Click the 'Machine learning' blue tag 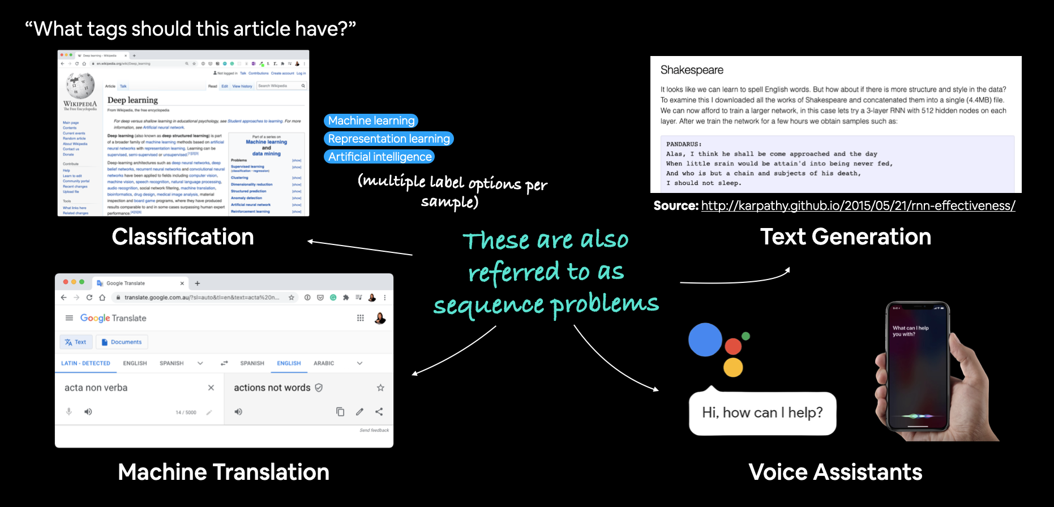click(x=371, y=121)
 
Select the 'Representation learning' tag click(x=389, y=139)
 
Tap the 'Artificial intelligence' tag click(x=380, y=157)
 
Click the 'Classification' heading click(x=182, y=237)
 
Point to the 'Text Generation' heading click(x=845, y=237)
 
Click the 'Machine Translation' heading click(x=223, y=472)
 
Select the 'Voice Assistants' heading click(x=835, y=472)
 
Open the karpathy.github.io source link click(x=858, y=206)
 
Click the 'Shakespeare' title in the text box click(x=692, y=70)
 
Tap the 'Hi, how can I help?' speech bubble click(x=762, y=413)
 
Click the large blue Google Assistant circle click(x=705, y=340)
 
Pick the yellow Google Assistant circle click(x=733, y=367)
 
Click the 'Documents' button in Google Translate click(x=122, y=342)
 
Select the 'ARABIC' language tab click(x=324, y=363)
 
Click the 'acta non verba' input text click(x=96, y=388)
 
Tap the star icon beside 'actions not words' click(x=380, y=388)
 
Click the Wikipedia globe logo click(x=80, y=85)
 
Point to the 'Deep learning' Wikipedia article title click(x=132, y=100)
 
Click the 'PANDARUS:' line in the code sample click(x=684, y=144)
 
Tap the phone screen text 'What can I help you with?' click(x=910, y=331)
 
